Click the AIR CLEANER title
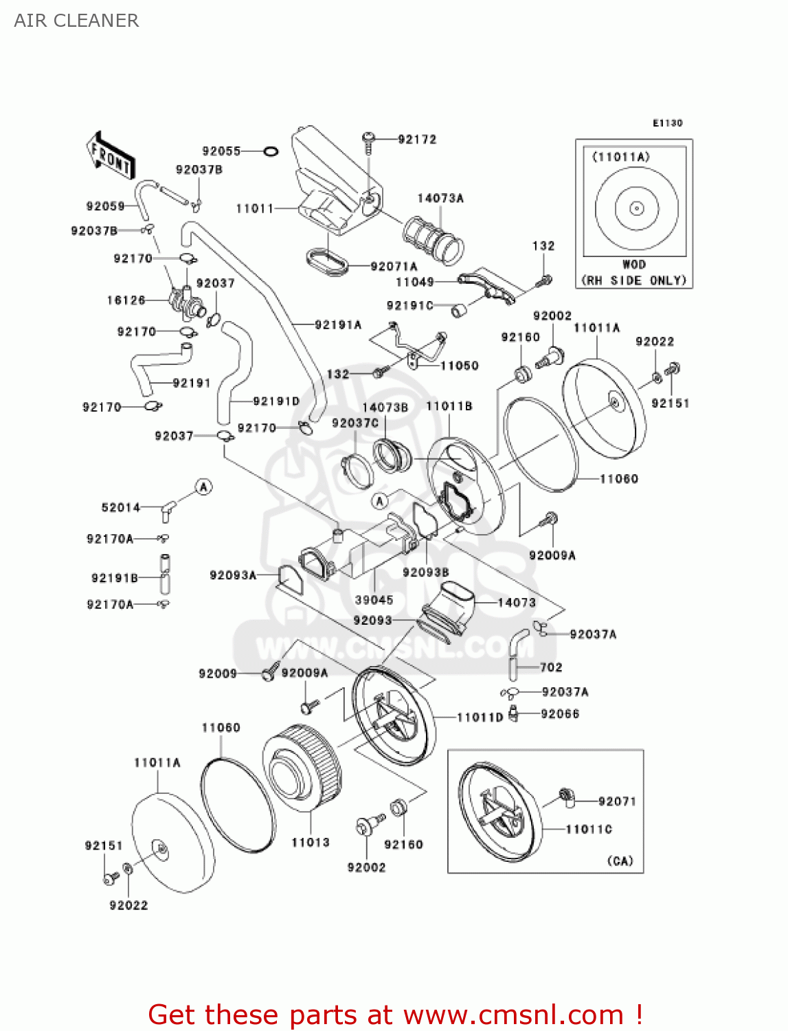pyautogui.click(x=76, y=21)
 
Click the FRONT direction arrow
pyautogui.click(x=110, y=156)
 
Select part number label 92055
pyautogui.click(x=221, y=151)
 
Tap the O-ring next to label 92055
pyautogui.click(x=271, y=151)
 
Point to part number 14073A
pyautogui.click(x=440, y=199)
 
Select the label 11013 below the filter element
pyautogui.click(x=311, y=843)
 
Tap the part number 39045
pyautogui.click(x=374, y=600)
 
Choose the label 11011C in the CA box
pyautogui.click(x=589, y=830)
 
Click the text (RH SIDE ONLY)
pyautogui.click(x=633, y=280)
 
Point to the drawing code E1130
pyautogui.click(x=667, y=123)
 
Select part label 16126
pyautogui.click(x=126, y=300)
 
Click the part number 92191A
pyautogui.click(x=338, y=325)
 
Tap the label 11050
pyautogui.click(x=459, y=366)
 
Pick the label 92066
pyautogui.click(x=560, y=714)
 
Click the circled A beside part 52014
pyautogui.click(x=203, y=487)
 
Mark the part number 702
pyautogui.click(x=551, y=667)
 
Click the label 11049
pyautogui.click(x=414, y=282)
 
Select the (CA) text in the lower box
pyautogui.click(x=620, y=861)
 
